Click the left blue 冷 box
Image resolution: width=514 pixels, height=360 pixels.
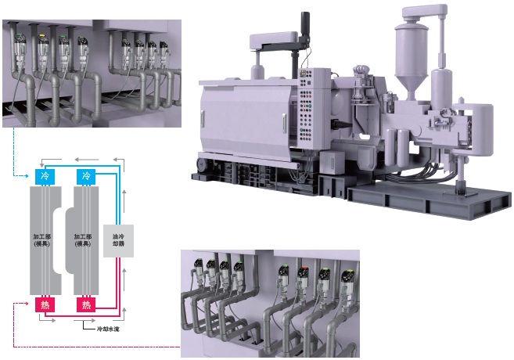pyautogui.click(x=44, y=176)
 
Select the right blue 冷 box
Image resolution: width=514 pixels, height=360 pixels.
pyautogui.click(x=85, y=176)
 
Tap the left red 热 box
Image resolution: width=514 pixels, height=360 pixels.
pyautogui.click(x=44, y=303)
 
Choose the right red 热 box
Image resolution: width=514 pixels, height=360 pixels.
pyautogui.click(x=85, y=303)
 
